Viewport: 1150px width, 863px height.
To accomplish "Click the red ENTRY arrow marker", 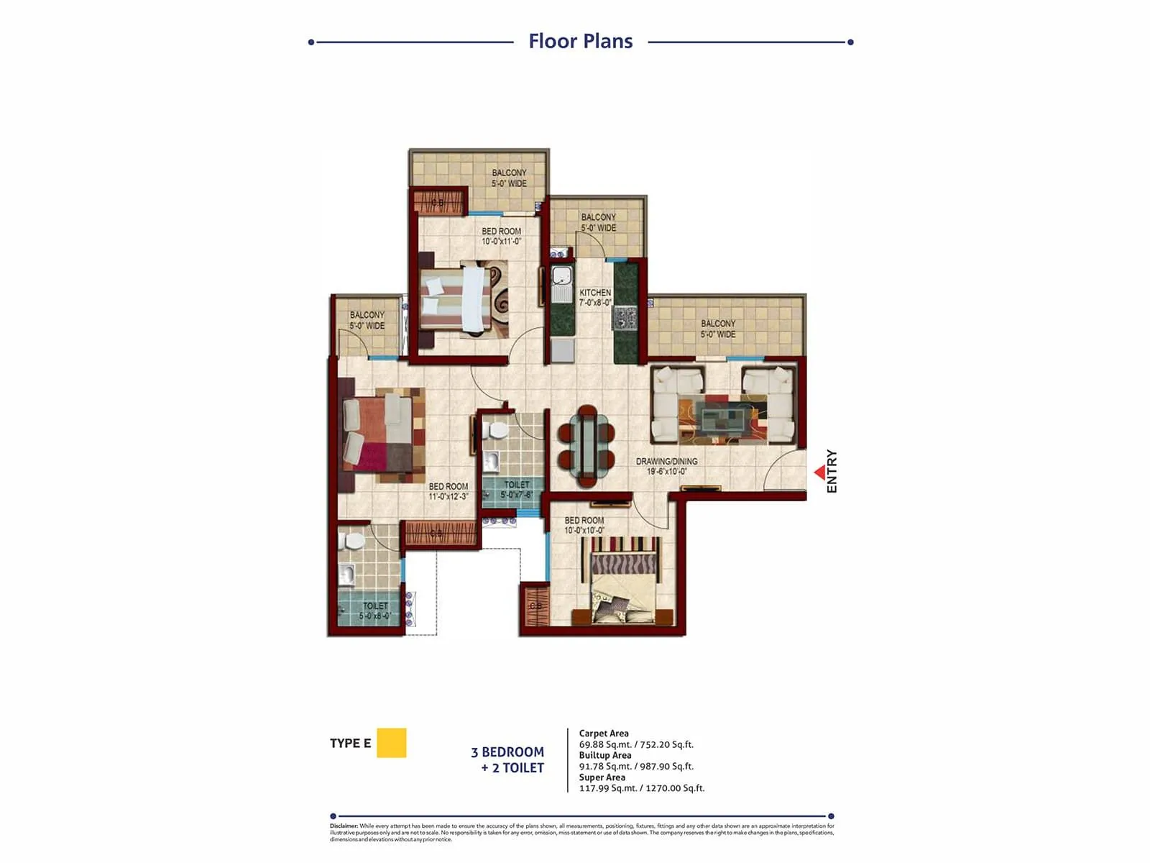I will pos(819,472).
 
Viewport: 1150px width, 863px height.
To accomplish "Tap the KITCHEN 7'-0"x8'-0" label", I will pos(595,298).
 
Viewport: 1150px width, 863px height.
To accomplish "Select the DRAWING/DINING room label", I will pos(666,466).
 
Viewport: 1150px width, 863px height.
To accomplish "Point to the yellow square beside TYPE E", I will pos(391,743).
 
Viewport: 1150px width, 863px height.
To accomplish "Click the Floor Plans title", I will pos(580,41).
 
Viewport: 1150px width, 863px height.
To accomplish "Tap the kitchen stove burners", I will pos(624,316).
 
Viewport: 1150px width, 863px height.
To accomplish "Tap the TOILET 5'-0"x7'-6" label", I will pos(516,490).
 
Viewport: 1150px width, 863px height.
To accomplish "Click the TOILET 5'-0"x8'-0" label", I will pos(375,611).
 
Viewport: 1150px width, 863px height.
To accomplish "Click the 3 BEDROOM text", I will pos(507,752).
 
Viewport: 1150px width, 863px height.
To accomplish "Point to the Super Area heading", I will pos(602,777).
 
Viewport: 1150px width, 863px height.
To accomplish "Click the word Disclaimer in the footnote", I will pos(344,826).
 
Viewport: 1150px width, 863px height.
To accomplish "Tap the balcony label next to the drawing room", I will pos(718,329).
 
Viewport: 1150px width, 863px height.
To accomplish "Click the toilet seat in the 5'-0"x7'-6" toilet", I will pos(495,431).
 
